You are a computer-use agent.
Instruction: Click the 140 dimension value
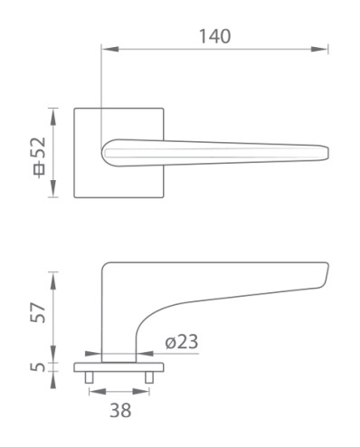(215, 36)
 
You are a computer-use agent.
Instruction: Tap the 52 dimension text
(39, 148)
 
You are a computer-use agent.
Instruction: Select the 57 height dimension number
(38, 312)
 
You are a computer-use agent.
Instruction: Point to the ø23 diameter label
(182, 342)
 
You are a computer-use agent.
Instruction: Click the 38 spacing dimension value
(120, 411)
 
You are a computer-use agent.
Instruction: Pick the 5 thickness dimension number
(38, 367)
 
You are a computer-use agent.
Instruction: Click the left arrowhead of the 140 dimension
(110, 49)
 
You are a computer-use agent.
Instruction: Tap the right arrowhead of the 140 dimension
(319, 49)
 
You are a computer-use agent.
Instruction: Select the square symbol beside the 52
(39, 169)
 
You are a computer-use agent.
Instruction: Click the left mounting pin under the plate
(89, 377)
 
